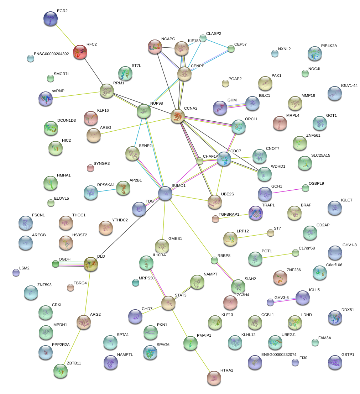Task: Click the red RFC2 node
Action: point(80,52)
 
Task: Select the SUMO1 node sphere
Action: point(165,193)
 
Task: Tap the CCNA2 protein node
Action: point(177,116)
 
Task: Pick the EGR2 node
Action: point(51,19)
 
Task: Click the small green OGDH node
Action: point(56,264)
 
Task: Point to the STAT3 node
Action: point(168,303)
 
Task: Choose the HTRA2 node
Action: point(214,378)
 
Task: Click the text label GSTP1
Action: point(348,354)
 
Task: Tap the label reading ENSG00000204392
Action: point(51,54)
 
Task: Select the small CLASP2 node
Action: point(203,38)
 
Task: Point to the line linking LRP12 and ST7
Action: point(252,236)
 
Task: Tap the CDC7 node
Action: point(224,159)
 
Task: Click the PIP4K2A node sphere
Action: point(314,53)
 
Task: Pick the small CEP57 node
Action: point(231,49)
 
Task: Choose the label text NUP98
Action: point(157,103)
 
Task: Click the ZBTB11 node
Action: point(61,371)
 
